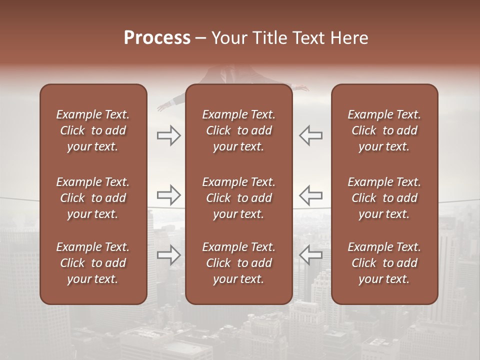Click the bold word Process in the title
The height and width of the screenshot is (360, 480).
pyautogui.click(x=157, y=38)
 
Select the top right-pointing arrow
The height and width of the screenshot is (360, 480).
pyautogui.click(x=168, y=135)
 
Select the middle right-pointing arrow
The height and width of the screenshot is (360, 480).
pyautogui.click(x=168, y=194)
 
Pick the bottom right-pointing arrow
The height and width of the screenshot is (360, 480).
pyautogui.click(x=168, y=254)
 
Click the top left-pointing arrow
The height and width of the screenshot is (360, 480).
pyautogui.click(x=310, y=135)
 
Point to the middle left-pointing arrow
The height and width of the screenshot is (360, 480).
pyautogui.click(x=310, y=194)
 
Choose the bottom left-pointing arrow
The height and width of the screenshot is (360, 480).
pyautogui.click(x=310, y=254)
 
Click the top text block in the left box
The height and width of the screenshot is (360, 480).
pyautogui.click(x=93, y=130)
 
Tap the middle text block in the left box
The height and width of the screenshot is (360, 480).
pyautogui.click(x=93, y=198)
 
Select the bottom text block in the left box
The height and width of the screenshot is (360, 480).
pyautogui.click(x=93, y=263)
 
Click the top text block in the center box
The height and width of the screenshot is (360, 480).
pyautogui.click(x=238, y=130)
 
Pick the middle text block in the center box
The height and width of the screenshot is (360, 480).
pyautogui.click(x=238, y=198)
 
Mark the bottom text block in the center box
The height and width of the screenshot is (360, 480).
pyautogui.click(x=238, y=263)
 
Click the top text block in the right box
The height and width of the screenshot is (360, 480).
pyautogui.click(x=384, y=130)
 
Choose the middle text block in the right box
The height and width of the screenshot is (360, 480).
pyautogui.click(x=384, y=198)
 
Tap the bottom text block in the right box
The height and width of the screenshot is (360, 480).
pyautogui.click(x=384, y=263)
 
